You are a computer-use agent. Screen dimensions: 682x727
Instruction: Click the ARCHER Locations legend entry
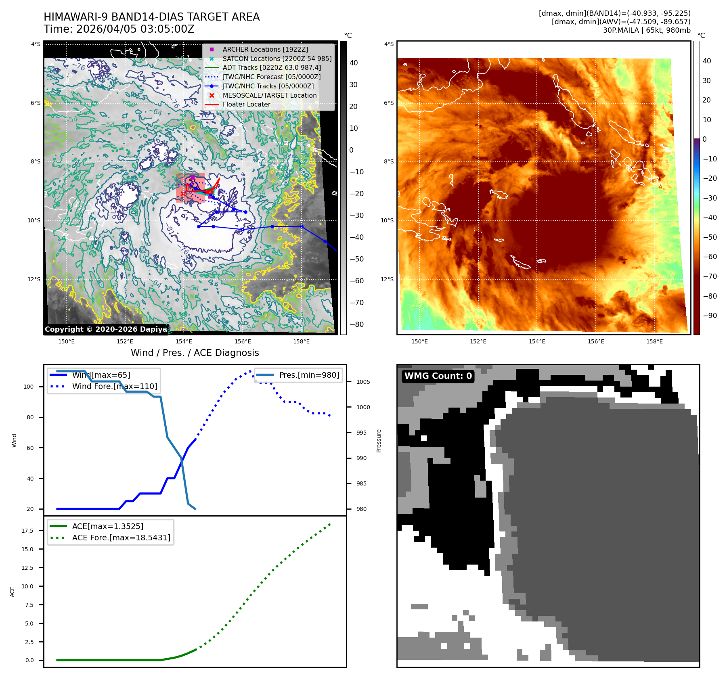(x=265, y=49)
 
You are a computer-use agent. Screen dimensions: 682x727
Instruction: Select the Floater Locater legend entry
(x=246, y=104)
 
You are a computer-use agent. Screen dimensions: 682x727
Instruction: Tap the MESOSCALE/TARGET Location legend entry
(x=269, y=95)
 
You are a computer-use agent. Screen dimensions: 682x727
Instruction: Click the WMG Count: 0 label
(x=438, y=376)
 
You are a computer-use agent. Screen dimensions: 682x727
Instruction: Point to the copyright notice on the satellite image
(x=106, y=329)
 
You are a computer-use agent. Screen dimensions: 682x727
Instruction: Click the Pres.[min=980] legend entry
(x=309, y=375)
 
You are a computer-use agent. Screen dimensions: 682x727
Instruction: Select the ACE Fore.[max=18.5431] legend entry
(x=121, y=538)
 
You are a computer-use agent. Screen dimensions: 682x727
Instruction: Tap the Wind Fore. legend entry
(x=114, y=386)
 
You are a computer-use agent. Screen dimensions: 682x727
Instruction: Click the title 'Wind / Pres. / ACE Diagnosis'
(x=195, y=353)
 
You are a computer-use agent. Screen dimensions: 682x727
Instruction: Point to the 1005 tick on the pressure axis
(x=363, y=382)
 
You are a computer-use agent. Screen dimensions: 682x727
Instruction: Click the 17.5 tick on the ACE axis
(x=27, y=531)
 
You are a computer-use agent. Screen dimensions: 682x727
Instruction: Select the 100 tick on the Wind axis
(x=29, y=387)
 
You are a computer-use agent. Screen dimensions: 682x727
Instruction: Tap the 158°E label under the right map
(x=654, y=341)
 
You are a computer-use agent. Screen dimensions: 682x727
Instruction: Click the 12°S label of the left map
(x=34, y=279)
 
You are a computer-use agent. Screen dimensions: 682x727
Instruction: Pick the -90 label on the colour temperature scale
(x=710, y=316)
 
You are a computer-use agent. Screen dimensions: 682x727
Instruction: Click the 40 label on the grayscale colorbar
(x=354, y=63)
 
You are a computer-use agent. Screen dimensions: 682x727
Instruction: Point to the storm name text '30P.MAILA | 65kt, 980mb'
(x=646, y=30)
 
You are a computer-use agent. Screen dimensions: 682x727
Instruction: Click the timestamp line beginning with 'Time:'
(x=119, y=29)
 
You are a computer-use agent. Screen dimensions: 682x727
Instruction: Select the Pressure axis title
(x=379, y=441)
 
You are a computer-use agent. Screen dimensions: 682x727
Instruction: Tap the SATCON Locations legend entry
(x=277, y=59)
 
